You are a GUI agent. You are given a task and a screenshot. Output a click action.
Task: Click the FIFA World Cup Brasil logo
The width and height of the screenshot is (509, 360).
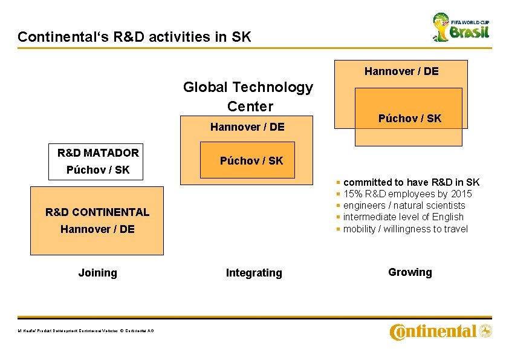point(461,27)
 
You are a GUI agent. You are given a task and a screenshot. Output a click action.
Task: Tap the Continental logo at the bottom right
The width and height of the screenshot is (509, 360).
point(441,332)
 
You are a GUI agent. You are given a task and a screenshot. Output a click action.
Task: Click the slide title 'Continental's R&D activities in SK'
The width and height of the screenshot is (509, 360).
point(134,37)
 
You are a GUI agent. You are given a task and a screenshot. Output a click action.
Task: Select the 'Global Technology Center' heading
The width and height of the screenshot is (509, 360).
point(248,97)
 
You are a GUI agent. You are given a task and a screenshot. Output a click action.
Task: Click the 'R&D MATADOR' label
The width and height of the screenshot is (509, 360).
point(98,152)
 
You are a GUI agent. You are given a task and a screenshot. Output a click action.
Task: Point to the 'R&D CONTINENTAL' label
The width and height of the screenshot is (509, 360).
point(97,212)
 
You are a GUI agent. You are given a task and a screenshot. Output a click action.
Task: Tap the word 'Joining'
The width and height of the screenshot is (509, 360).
point(97,273)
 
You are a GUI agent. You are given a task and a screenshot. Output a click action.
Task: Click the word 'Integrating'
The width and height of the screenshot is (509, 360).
point(254,273)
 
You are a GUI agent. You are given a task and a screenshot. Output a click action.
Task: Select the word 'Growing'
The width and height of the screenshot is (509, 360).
point(410,272)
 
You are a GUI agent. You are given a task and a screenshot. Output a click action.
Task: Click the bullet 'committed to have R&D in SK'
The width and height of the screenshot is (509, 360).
point(411,182)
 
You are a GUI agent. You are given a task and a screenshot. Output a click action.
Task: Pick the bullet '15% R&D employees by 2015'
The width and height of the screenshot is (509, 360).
point(407,194)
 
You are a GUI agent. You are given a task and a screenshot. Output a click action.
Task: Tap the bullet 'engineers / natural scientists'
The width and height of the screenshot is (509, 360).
point(404,205)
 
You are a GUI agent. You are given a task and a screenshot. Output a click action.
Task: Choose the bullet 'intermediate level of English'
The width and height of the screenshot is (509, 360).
point(403,217)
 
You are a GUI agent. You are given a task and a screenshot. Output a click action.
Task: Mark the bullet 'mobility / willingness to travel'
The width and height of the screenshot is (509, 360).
point(405,229)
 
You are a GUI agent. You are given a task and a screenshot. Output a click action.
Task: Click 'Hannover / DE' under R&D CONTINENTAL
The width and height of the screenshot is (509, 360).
point(97,229)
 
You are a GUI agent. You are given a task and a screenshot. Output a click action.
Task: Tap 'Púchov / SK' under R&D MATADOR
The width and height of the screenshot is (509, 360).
point(98,170)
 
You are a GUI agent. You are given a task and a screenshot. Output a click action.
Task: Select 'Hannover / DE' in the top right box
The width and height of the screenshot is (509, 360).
point(401,71)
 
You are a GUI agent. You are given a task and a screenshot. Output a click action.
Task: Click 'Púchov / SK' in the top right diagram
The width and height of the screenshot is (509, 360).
point(410,119)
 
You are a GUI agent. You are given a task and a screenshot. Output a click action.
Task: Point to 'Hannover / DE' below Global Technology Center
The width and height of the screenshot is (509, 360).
point(247,127)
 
